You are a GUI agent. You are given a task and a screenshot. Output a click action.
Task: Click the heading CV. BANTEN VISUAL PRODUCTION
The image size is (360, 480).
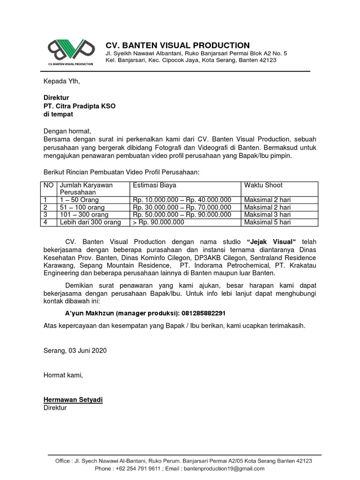click(177, 45)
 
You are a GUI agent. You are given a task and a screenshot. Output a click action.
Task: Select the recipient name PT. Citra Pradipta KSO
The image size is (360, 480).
click(79, 106)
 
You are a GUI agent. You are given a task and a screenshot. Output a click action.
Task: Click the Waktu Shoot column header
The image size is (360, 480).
click(263, 185)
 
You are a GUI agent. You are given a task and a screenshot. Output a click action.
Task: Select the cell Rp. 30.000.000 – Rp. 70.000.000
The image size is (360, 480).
click(182, 207)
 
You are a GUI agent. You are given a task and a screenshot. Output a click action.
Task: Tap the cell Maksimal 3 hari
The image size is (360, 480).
click(268, 215)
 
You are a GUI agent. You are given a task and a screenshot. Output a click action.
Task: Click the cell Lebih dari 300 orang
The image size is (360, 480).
click(90, 222)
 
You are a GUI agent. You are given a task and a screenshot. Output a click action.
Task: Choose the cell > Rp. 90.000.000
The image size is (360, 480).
click(158, 222)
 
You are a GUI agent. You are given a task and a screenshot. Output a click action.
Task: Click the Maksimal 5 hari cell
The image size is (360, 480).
click(268, 222)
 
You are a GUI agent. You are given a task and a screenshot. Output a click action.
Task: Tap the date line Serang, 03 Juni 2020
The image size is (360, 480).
click(75, 351)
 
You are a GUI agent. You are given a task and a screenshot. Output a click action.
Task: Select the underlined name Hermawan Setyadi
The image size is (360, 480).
click(73, 399)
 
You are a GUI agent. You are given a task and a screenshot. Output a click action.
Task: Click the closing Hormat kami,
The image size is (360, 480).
click(63, 375)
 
